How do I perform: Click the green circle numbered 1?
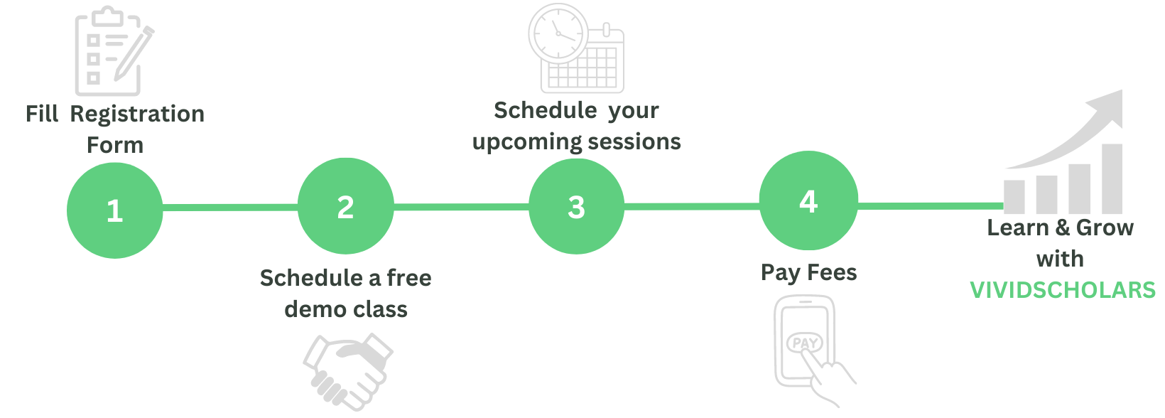point(115,210)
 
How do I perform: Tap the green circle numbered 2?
point(346,206)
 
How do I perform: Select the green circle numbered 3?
point(576,206)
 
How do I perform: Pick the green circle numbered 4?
point(808,200)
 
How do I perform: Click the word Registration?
point(137,114)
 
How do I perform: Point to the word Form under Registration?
point(115,145)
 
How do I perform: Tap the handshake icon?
point(348,372)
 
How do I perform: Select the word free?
point(408,278)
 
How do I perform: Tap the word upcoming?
point(527,143)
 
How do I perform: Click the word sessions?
point(634,141)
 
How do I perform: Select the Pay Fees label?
point(808,273)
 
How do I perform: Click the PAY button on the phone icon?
point(805,343)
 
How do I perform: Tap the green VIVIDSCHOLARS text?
point(1063,290)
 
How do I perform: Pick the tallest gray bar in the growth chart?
point(1112,178)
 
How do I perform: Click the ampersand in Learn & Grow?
point(1063,227)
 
